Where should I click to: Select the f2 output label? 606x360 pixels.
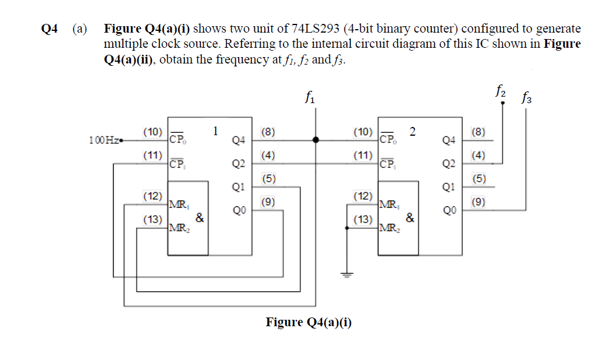[500, 90]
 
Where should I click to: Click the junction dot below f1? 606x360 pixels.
[316, 140]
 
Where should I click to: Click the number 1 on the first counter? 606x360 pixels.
[215, 130]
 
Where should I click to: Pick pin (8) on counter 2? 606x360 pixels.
[478, 132]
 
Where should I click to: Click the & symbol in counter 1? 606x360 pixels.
[199, 218]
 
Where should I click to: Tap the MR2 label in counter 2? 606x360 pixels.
[388, 227]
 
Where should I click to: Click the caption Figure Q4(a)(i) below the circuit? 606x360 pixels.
[309, 322]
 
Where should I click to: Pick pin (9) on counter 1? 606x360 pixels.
[268, 202]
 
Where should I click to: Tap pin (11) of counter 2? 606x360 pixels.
[363, 156]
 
